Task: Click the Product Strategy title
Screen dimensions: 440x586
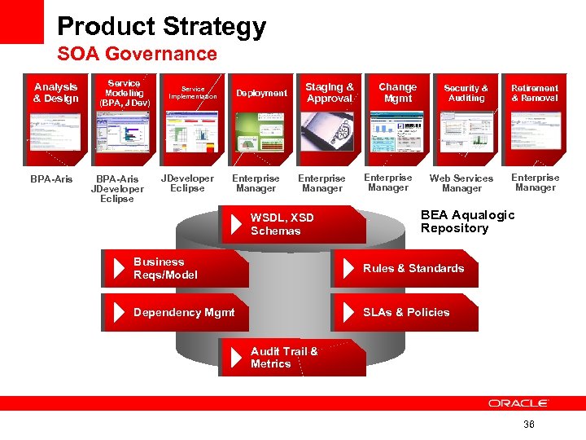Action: pyautogui.click(x=161, y=27)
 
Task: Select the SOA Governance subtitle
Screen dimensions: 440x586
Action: pyautogui.click(x=137, y=55)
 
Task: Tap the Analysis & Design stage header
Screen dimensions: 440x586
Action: pyautogui.click(x=56, y=93)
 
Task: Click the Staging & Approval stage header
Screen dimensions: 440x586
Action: pyautogui.click(x=330, y=93)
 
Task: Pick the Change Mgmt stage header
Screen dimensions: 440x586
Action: pyautogui.click(x=397, y=93)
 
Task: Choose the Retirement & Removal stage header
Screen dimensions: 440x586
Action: pyautogui.click(x=535, y=93)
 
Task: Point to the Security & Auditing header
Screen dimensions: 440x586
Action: pyautogui.click(x=466, y=93)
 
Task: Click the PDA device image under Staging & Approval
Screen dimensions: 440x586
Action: pyautogui.click(x=327, y=131)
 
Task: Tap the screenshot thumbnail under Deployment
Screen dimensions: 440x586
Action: pyautogui.click(x=261, y=131)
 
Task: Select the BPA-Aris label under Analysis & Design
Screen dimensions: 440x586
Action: pyautogui.click(x=51, y=178)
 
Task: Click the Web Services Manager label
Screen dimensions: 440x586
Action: pyautogui.click(x=461, y=183)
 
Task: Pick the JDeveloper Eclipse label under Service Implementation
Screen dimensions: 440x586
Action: pyautogui.click(x=188, y=183)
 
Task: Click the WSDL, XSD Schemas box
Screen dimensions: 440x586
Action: pyautogui.click(x=293, y=224)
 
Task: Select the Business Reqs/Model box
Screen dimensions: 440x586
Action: pyautogui.click(x=176, y=268)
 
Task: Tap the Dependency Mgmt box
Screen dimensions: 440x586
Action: pyautogui.click(x=176, y=312)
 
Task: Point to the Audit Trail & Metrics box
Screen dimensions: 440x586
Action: pyautogui.click(x=293, y=357)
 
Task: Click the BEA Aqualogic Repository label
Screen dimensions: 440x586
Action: pyautogui.click(x=467, y=222)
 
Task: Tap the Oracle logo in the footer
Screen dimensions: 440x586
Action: pyautogui.click(x=518, y=403)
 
